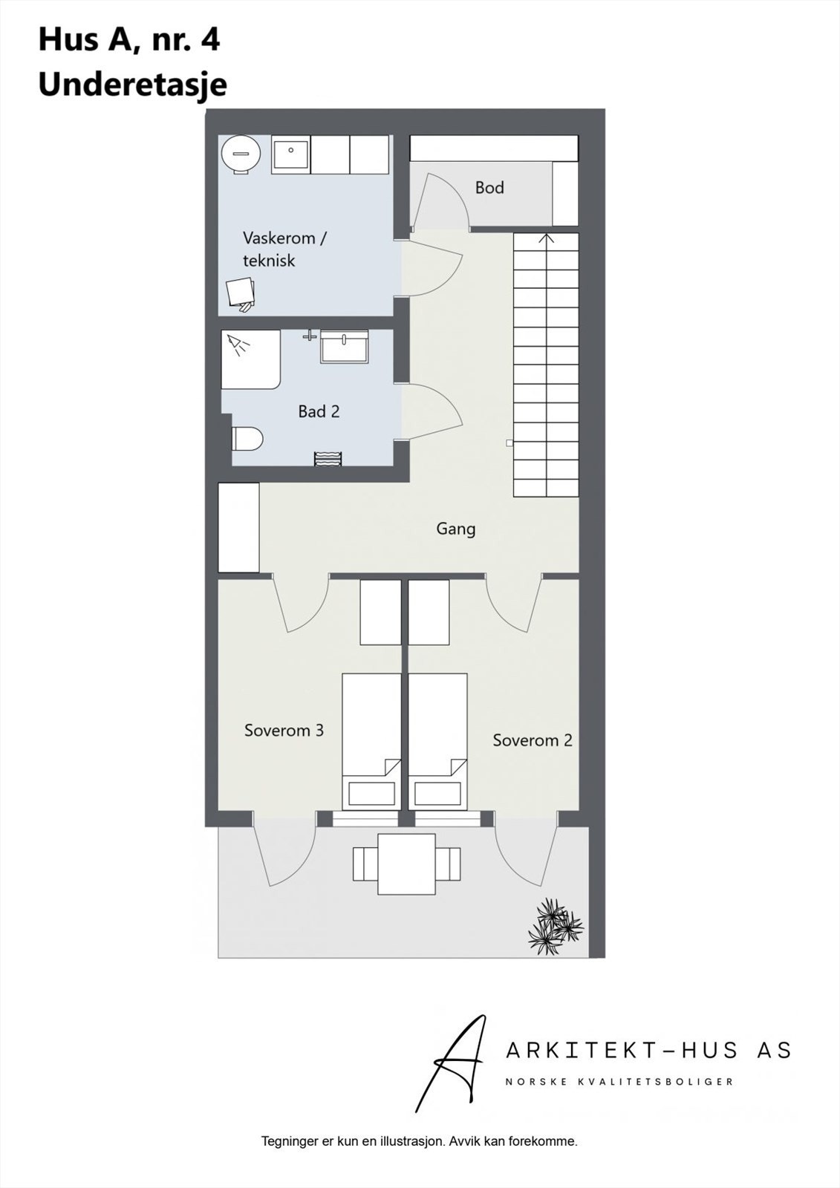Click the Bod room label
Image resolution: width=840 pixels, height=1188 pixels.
pos(489,188)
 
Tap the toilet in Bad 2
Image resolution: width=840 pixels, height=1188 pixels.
pos(248,439)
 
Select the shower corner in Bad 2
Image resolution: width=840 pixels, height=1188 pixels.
pos(250,359)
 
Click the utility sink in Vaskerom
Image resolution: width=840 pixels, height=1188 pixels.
pos(290,155)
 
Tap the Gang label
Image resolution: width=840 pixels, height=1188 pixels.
pos(455,529)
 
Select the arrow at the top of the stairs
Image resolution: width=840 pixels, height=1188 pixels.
pos(546,238)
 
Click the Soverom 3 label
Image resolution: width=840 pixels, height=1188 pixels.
pos(284,731)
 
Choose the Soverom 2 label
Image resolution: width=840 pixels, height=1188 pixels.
pos(533,740)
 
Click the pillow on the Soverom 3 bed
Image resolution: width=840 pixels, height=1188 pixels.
pos(371,794)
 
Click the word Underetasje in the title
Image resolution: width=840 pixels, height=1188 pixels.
pos(132,85)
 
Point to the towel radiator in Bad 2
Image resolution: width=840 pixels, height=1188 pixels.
pos(328,458)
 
